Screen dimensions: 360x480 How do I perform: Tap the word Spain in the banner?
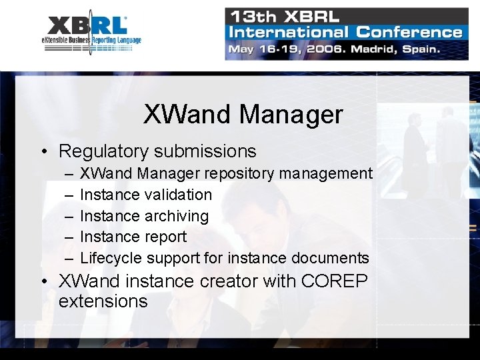pos(419,49)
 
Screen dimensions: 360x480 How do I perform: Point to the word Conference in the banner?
pos(409,31)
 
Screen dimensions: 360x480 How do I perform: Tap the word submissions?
pos(209,151)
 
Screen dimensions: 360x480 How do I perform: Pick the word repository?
pos(239,174)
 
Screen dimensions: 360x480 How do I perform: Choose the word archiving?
pos(176,216)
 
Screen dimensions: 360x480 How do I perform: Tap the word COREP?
pos(334,281)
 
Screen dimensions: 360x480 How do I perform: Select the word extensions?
pos(103,301)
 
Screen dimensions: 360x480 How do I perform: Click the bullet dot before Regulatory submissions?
pos(42,152)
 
